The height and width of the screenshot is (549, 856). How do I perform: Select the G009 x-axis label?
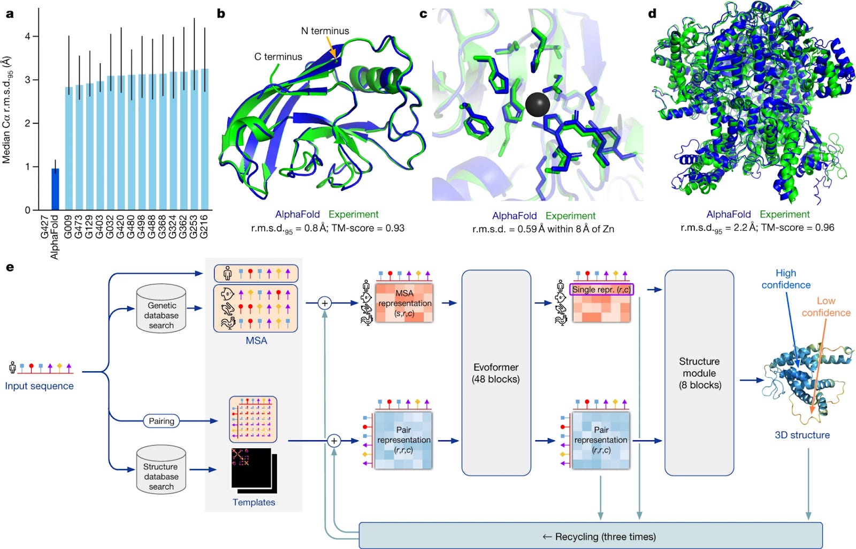pyautogui.click(x=68, y=226)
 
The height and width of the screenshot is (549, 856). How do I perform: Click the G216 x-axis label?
pyautogui.click(x=204, y=226)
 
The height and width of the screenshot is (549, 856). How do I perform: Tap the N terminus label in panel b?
pyautogui.click(x=325, y=31)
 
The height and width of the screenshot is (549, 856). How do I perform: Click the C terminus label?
pyautogui.click(x=278, y=57)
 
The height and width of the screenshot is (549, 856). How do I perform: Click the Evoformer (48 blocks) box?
pyautogui.click(x=496, y=373)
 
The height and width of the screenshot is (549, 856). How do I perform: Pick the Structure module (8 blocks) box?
pyautogui.click(x=699, y=373)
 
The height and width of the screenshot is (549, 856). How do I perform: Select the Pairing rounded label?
pyautogui.click(x=161, y=421)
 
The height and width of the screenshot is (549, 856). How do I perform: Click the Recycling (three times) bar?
pyautogui.click(x=590, y=536)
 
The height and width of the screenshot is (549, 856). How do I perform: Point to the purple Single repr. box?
pyautogui.click(x=601, y=289)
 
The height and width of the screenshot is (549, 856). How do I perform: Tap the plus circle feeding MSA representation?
pyautogui.click(x=324, y=303)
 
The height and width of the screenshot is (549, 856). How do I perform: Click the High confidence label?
pyautogui.click(x=785, y=279)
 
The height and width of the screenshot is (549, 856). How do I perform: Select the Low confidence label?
pyautogui.click(x=826, y=307)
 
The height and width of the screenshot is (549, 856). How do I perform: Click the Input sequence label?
pyautogui.click(x=39, y=386)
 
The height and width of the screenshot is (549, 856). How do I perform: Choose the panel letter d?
pyautogui.click(x=652, y=14)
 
